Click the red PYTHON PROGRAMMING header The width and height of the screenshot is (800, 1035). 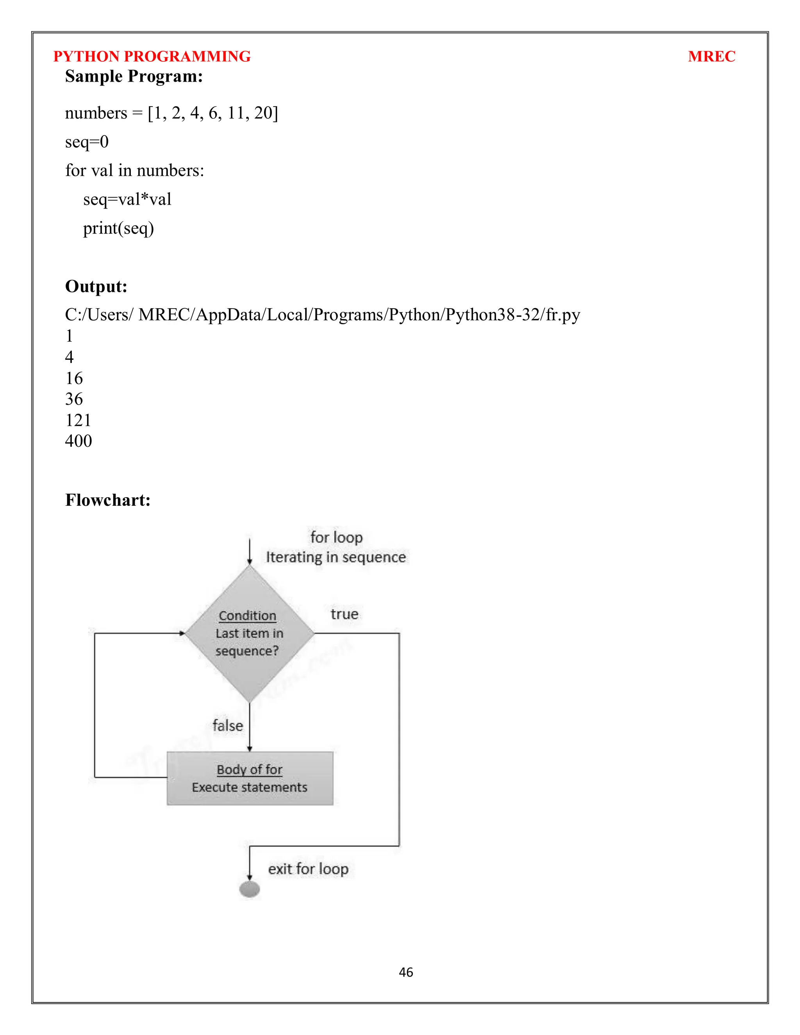tap(152, 56)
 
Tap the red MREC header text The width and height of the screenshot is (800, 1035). tap(711, 56)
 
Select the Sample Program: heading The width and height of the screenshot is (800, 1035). tap(134, 76)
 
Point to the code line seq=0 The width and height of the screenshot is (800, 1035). tap(87, 142)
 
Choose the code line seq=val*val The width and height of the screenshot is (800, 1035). tap(127, 199)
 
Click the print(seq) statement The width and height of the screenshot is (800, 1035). tap(118, 228)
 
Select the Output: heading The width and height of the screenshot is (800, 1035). tap(96, 286)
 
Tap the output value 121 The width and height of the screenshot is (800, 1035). tap(78, 420)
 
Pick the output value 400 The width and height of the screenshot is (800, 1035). tap(78, 441)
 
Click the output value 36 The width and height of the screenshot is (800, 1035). tap(74, 399)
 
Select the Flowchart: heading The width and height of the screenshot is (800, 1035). tap(107, 500)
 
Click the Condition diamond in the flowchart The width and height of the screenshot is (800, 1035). tap(249, 633)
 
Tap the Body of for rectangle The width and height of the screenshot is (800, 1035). tap(250, 778)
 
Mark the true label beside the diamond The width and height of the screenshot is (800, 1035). tap(345, 614)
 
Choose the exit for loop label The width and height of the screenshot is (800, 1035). tap(308, 869)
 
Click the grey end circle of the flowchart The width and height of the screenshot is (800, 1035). tap(249, 889)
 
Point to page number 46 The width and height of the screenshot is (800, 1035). tap(406, 973)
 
